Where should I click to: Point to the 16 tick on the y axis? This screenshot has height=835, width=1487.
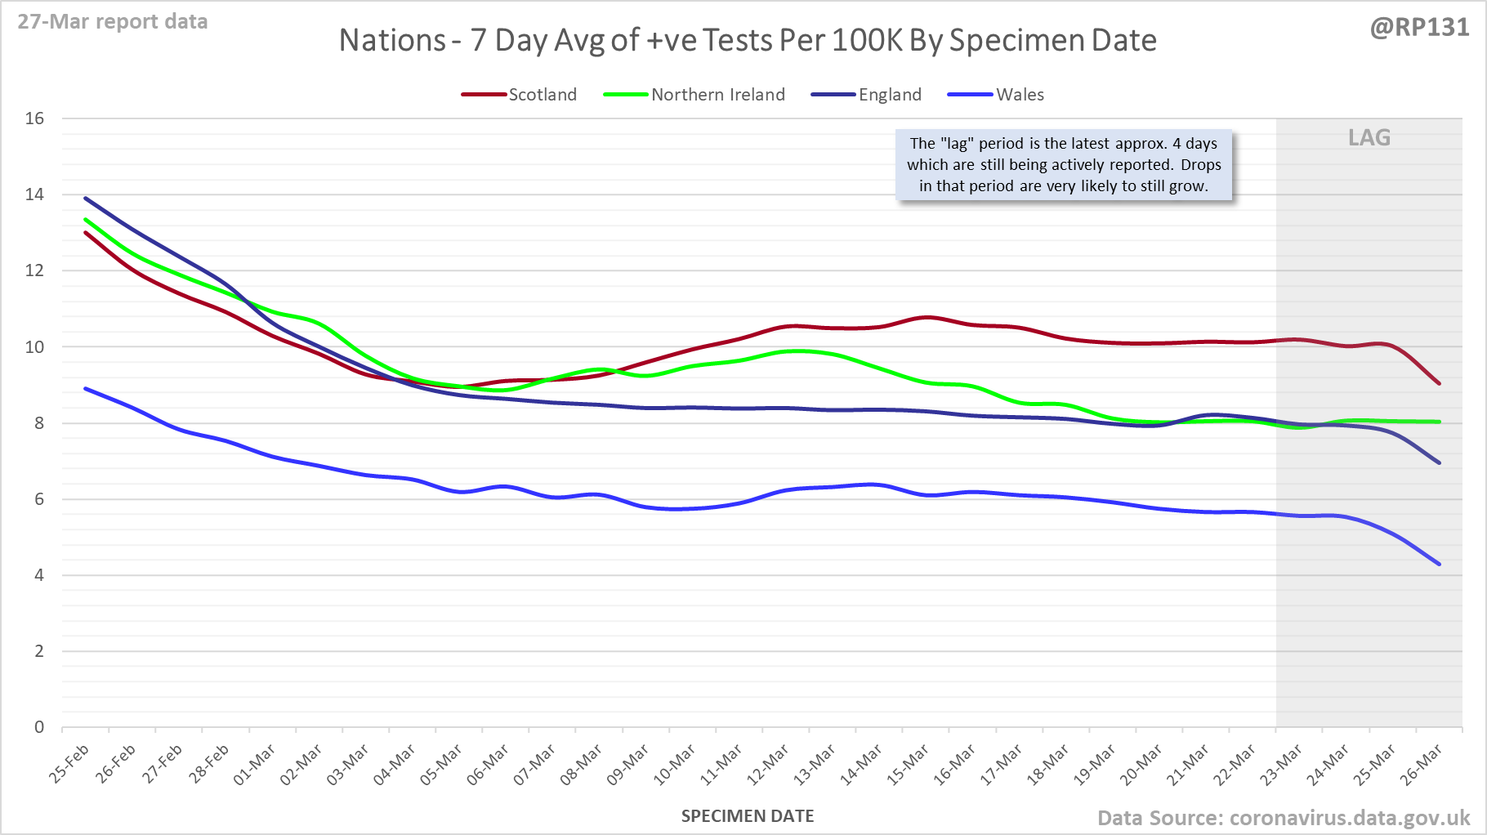pyautogui.click(x=34, y=118)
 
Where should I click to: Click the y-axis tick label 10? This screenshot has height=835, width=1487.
pyautogui.click(x=34, y=347)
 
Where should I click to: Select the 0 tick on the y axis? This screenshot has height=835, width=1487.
pyautogui.click(x=39, y=727)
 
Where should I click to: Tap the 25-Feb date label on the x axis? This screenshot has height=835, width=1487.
pyautogui.click(x=69, y=764)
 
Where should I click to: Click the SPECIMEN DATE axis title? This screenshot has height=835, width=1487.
pyautogui.click(x=748, y=816)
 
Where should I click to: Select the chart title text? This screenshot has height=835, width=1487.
pyautogui.click(x=748, y=40)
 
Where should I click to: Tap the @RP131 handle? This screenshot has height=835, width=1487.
pyautogui.click(x=1419, y=28)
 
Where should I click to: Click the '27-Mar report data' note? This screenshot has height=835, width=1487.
pyautogui.click(x=113, y=21)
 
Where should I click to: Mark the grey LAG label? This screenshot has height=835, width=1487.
pyautogui.click(x=1369, y=137)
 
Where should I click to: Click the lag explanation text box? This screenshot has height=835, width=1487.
pyautogui.click(x=1064, y=164)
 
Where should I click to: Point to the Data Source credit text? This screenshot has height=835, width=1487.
pyautogui.click(x=1283, y=818)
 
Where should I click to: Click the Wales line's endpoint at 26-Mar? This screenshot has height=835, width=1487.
pyautogui.click(x=1439, y=564)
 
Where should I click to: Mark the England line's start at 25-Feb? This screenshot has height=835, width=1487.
pyautogui.click(x=85, y=198)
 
